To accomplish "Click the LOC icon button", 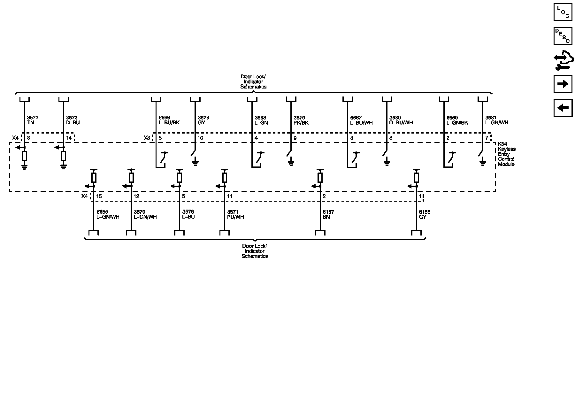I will (x=563, y=12).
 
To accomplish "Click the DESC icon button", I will (x=563, y=36).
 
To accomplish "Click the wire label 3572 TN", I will (x=33, y=120).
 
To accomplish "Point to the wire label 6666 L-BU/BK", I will (x=169, y=120).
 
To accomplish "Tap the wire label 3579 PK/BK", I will (x=301, y=120).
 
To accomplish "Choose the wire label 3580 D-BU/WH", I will (x=401, y=120).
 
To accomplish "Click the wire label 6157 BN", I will (x=328, y=214).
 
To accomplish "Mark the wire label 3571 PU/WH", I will (x=235, y=214).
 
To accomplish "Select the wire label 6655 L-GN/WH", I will (x=108, y=214).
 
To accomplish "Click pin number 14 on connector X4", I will (x=69, y=138).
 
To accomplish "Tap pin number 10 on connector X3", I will (x=200, y=138).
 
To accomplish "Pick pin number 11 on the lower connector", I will (x=230, y=196).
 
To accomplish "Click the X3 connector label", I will (x=147, y=138).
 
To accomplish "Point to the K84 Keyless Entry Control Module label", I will (x=506, y=157).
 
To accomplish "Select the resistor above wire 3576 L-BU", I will (x=180, y=177).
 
